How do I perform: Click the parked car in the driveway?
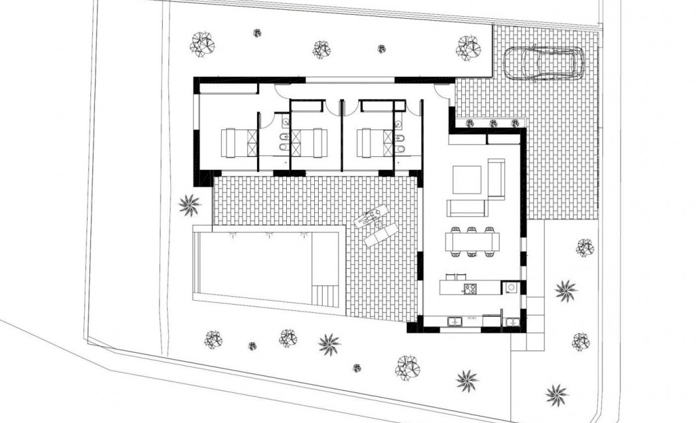(544, 62)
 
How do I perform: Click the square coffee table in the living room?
(467, 180)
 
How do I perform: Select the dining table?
(472, 243)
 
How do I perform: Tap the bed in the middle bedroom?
(310, 143)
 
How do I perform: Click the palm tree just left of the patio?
(189, 205)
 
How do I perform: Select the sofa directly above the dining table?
(466, 208)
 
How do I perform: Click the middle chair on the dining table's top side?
(472, 230)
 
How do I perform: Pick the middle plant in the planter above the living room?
(493, 123)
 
